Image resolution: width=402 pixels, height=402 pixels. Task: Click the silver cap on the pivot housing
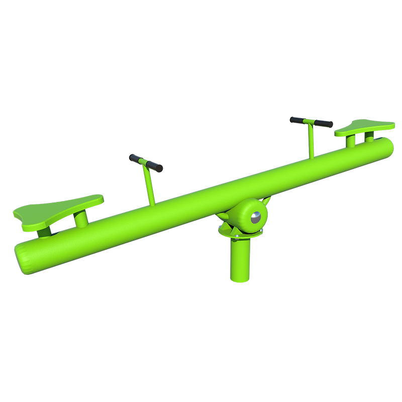click(x=256, y=218)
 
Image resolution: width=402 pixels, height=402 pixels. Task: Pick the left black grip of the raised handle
click(x=297, y=120)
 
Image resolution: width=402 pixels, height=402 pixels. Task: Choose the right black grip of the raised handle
click(x=324, y=124)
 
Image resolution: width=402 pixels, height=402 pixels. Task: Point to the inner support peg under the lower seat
click(x=80, y=220)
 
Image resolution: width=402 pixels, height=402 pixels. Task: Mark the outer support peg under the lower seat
click(x=44, y=232)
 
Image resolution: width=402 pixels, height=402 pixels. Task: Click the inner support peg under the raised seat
click(x=350, y=141)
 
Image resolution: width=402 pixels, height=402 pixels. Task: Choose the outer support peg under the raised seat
click(x=370, y=136)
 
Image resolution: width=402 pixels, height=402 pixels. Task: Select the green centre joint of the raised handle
click(x=311, y=122)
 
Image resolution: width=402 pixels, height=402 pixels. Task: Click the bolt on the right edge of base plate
click(x=260, y=231)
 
